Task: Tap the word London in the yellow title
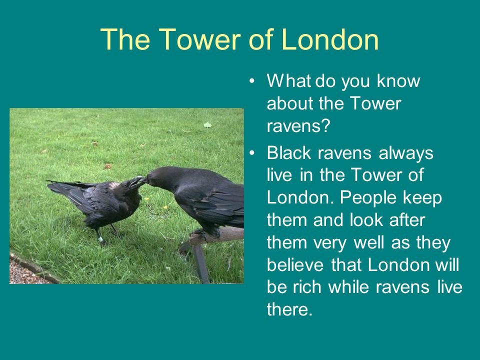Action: (x=329, y=39)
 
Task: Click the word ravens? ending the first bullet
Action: (x=298, y=125)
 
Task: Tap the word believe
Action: (x=295, y=264)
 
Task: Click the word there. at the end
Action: (x=289, y=309)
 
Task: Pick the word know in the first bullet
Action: (x=398, y=81)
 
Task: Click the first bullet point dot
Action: (x=251, y=81)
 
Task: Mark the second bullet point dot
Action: (x=251, y=153)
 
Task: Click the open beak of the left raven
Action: (x=137, y=182)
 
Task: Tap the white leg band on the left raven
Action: (x=100, y=239)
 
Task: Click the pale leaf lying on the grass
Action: (x=207, y=125)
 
